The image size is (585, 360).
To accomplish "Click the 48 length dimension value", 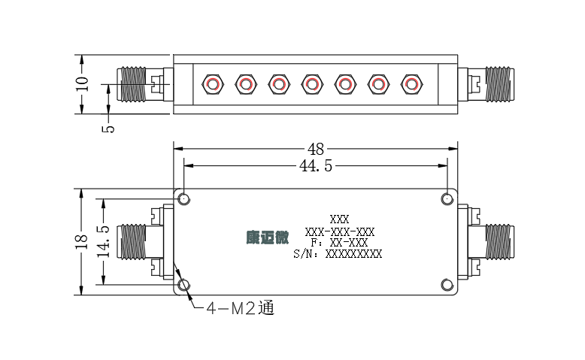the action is point(316,150).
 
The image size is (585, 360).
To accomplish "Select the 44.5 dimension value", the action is point(316,165).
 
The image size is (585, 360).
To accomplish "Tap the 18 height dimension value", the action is point(82,242).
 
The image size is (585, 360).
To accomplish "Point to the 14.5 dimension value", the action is point(103,241).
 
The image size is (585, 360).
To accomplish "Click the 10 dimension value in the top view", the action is point(82,84).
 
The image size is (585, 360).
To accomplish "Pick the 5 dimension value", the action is point(108,129).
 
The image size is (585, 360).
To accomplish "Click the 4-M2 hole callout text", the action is point(241,308).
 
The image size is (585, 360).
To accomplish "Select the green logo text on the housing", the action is point(268,237).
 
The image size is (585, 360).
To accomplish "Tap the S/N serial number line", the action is point(338,254).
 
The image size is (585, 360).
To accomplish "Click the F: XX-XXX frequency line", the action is point(339,243).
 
